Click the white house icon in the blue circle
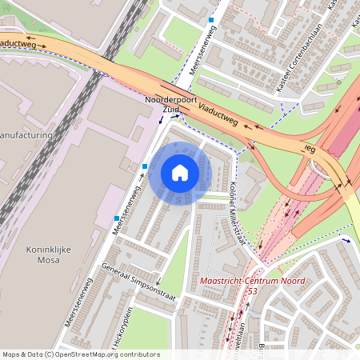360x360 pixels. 180,173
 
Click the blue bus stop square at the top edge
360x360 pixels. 211,19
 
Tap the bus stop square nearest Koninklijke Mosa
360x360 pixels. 117,218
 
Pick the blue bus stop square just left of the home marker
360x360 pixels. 145,166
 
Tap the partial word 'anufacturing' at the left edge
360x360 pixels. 26,135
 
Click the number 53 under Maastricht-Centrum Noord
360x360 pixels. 252,291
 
